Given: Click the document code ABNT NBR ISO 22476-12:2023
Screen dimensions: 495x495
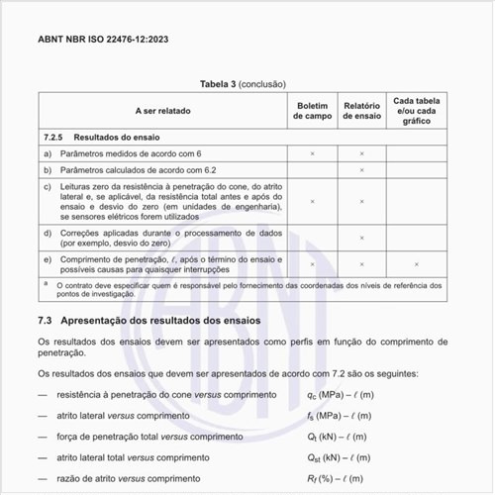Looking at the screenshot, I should pos(104,41).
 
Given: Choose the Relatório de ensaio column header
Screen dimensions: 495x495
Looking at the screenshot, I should pos(362,110).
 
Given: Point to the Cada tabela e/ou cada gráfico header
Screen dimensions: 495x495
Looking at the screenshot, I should pos(417,110).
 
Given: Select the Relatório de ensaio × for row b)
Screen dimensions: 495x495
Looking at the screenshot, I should pos(362,170).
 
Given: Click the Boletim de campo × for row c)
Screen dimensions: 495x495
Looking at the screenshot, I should pos(313,201).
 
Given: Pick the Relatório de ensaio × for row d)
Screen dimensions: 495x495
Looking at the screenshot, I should pos(362,238).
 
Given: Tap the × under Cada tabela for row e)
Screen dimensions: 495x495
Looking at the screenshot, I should pos(417,263).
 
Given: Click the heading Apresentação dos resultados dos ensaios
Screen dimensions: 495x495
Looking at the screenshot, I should pos(161,322).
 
